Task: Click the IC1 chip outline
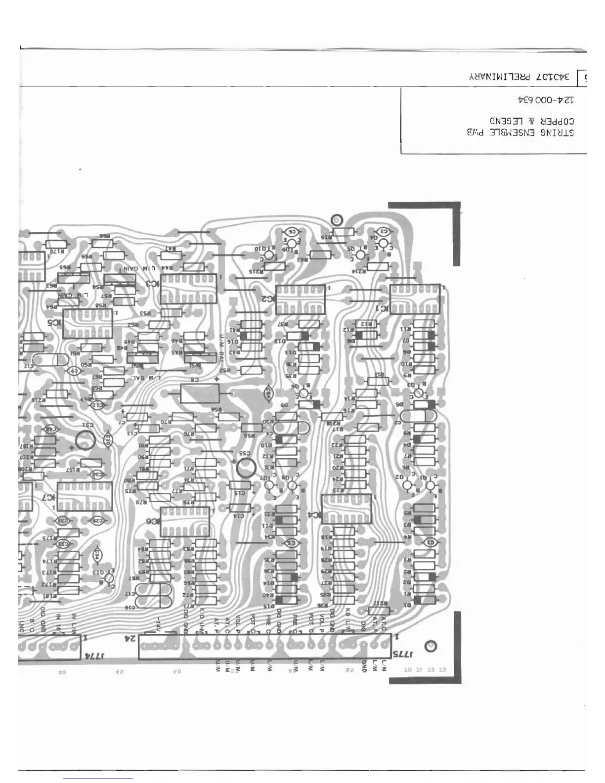pyautogui.click(x=415, y=297)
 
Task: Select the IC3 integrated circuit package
pyautogui.click(x=189, y=288)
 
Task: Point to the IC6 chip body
pyautogui.click(x=185, y=522)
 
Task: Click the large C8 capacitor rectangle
pyautogui.click(x=200, y=394)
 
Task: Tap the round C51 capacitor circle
pyautogui.click(x=86, y=439)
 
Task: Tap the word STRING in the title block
pyautogui.click(x=557, y=132)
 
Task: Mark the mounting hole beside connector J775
pyautogui.click(x=431, y=647)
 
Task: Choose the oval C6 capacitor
pyautogui.click(x=292, y=231)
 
